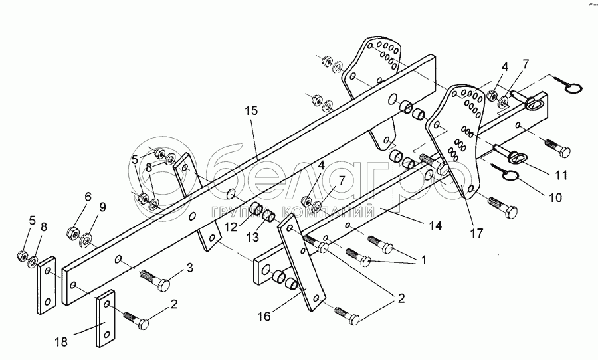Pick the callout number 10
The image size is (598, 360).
click(555, 198)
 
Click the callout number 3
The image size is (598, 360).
click(189, 268)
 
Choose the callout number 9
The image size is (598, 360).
click(102, 207)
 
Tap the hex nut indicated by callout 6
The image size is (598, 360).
click(74, 234)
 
